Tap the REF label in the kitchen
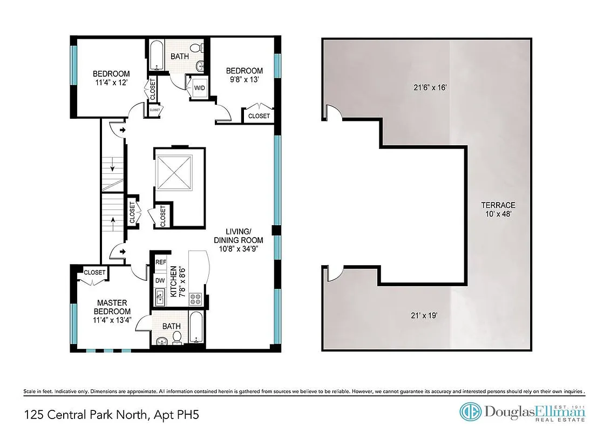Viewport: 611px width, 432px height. click(x=160, y=262)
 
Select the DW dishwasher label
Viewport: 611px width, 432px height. click(x=160, y=280)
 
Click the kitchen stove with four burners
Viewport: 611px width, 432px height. click(x=195, y=298)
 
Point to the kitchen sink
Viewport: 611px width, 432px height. click(x=160, y=296)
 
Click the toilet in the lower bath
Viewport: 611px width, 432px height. click(x=176, y=338)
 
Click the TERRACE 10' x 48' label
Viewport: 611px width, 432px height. click(x=498, y=210)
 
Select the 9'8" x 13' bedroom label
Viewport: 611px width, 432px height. click(x=244, y=75)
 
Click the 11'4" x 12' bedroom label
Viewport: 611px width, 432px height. click(x=111, y=78)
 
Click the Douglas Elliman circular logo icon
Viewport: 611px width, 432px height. click(x=471, y=412)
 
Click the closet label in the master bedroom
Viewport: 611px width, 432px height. click(x=94, y=272)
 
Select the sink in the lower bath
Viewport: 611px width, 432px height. click(x=162, y=341)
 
